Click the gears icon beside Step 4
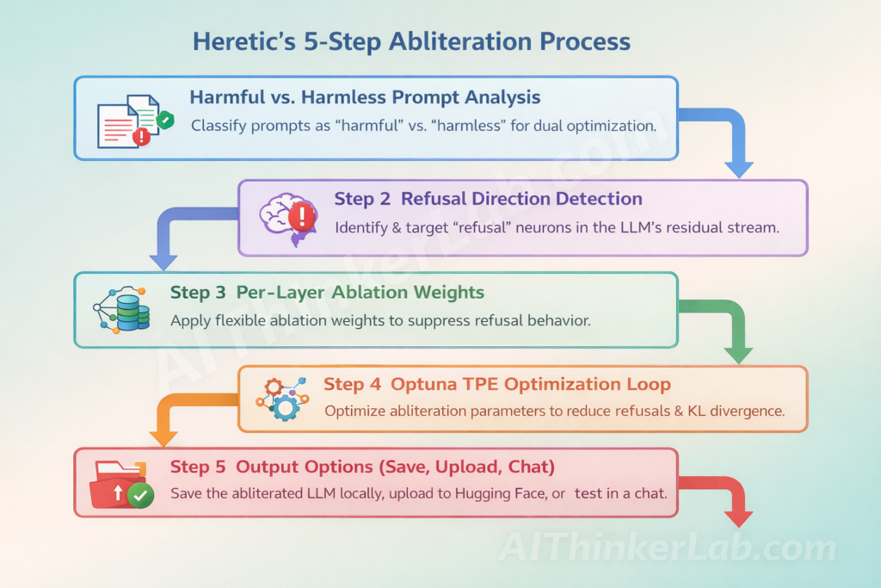pyautogui.click(x=280, y=398)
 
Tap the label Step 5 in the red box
pyautogui.click(x=197, y=467)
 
